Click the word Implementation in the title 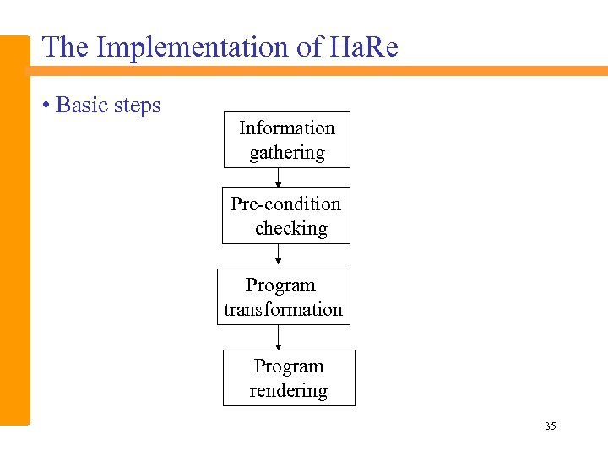point(193,48)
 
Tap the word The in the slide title point(66,47)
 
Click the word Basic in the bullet point(82,106)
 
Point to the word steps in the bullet point(137,106)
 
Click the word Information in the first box point(286,128)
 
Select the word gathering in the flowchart point(286,153)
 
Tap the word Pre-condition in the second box point(285,204)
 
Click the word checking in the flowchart point(290,228)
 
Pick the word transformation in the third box point(283,310)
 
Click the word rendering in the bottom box point(288,391)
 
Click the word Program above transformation point(280,285)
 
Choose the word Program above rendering point(289,366)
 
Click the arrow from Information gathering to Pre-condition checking point(279,177)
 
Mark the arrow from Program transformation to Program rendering point(279,338)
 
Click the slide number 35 point(551,426)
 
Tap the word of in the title point(308,47)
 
